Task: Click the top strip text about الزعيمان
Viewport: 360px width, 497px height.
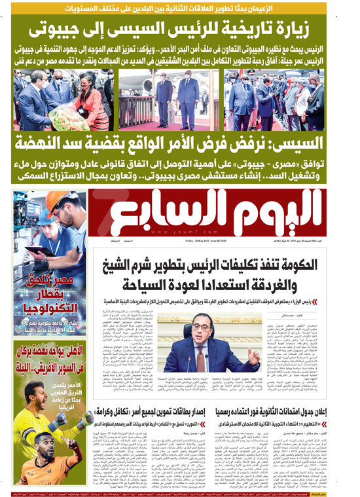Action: tap(179, 7)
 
